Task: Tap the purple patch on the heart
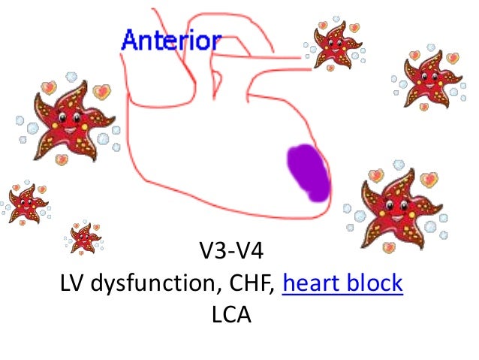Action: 308,173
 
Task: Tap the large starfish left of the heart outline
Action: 70,124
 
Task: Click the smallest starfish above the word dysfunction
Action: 84,237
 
